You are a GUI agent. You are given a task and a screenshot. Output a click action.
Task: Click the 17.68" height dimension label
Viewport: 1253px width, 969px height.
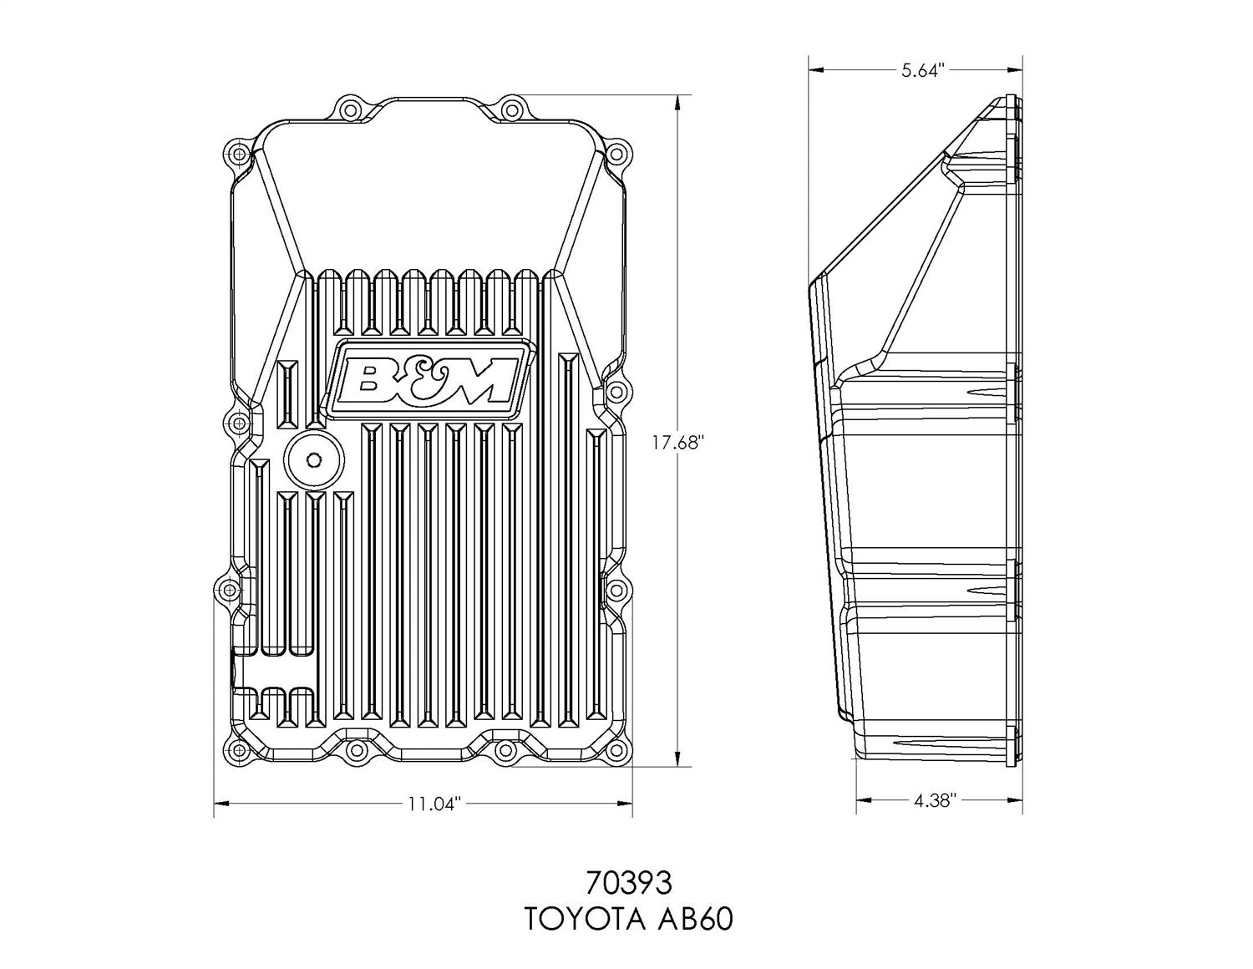point(678,444)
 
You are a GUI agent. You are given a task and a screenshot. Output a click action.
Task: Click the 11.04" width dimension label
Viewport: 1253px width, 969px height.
point(434,804)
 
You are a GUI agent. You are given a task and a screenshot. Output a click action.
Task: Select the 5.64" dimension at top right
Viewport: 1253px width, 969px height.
point(922,71)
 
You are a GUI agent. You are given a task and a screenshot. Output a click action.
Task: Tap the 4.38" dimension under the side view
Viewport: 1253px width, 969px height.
point(934,801)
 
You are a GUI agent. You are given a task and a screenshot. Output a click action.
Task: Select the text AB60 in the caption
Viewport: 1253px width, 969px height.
point(693,920)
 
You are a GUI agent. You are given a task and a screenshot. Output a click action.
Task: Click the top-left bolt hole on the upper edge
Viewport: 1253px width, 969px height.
point(348,109)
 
